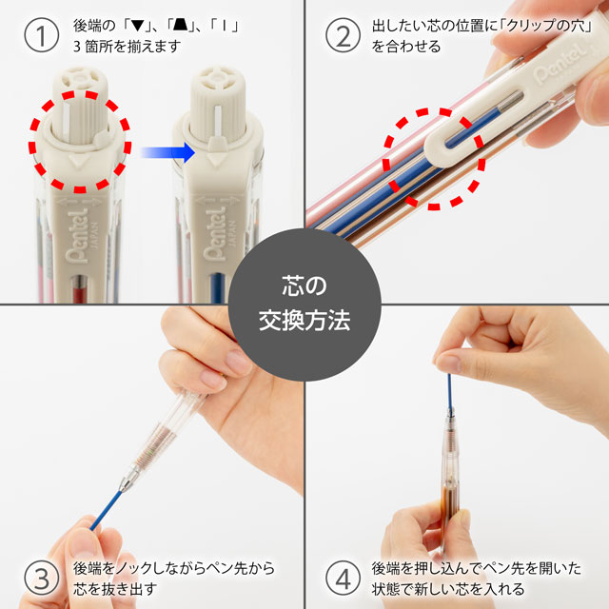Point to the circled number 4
340,577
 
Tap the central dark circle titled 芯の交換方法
304,304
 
